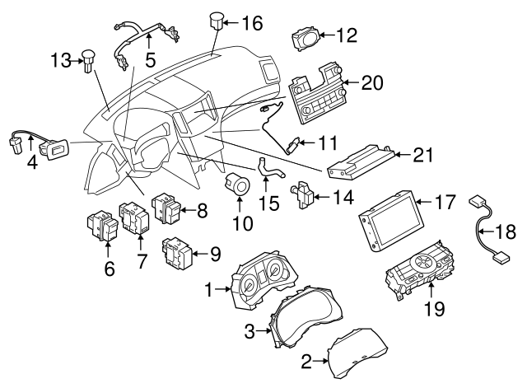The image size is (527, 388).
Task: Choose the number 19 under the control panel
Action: tap(434, 309)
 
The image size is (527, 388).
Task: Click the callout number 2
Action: tap(306, 360)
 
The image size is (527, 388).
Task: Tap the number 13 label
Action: tap(61, 59)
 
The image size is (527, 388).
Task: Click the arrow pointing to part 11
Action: tap(308, 143)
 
